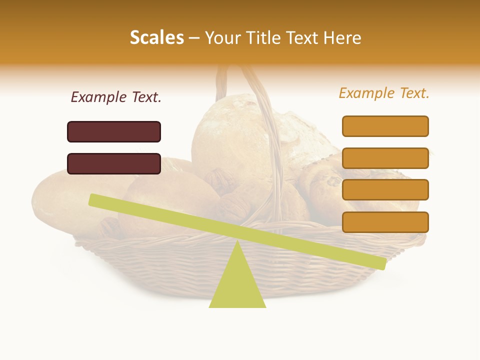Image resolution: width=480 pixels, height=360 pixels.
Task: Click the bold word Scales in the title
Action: tap(156, 37)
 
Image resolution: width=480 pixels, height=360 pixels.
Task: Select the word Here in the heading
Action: tap(342, 37)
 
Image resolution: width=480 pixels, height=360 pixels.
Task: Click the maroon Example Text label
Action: tap(116, 97)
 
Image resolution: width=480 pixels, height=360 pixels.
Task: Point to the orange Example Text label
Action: tap(384, 93)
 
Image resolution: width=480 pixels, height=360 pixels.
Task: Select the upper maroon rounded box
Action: tap(114, 131)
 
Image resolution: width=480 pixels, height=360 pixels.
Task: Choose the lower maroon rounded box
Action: tap(114, 163)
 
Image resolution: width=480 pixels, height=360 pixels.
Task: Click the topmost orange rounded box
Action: tap(385, 126)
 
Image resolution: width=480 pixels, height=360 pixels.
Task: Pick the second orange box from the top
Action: tap(385, 158)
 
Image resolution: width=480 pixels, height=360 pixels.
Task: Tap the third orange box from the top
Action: tap(385, 189)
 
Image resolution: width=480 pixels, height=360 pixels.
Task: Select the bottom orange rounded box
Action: tap(385, 222)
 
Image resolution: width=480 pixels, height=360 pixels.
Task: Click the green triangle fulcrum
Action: tap(237, 285)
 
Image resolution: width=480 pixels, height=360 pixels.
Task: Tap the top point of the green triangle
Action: tap(237, 242)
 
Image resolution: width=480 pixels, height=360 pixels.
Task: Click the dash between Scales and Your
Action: tap(194, 38)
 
